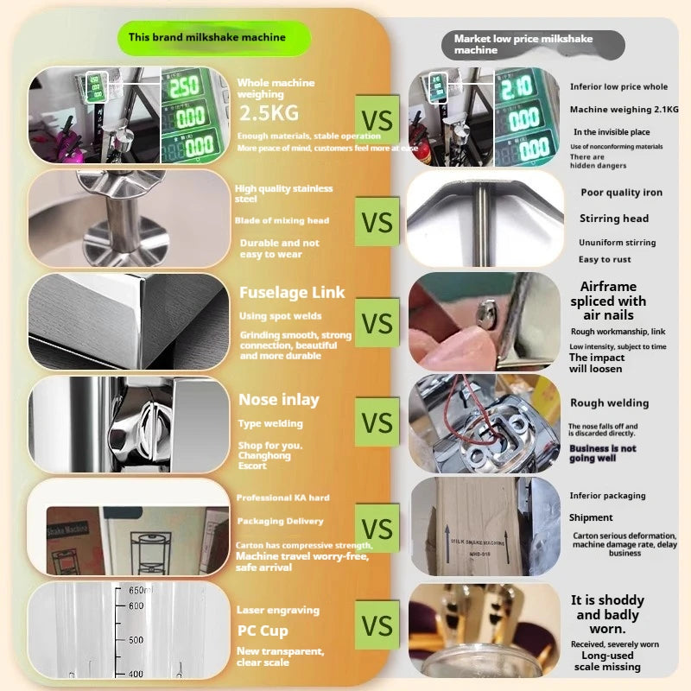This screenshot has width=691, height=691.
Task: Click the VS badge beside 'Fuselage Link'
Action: (x=377, y=324)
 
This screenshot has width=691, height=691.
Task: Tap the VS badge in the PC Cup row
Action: (x=377, y=625)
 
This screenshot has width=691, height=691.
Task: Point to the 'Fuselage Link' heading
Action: (x=291, y=293)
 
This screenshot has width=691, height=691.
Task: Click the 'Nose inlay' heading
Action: (x=278, y=399)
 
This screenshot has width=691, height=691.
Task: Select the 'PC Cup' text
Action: (x=263, y=631)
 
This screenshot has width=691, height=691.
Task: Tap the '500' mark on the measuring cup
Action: (x=136, y=640)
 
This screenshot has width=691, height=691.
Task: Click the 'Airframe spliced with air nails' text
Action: (x=608, y=301)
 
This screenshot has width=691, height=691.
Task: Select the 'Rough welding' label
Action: (x=609, y=403)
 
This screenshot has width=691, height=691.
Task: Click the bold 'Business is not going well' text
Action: (x=602, y=453)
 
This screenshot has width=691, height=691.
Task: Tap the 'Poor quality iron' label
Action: (x=621, y=193)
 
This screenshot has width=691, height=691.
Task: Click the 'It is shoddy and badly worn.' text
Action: (x=607, y=614)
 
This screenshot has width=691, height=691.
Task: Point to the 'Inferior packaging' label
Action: (x=607, y=496)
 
